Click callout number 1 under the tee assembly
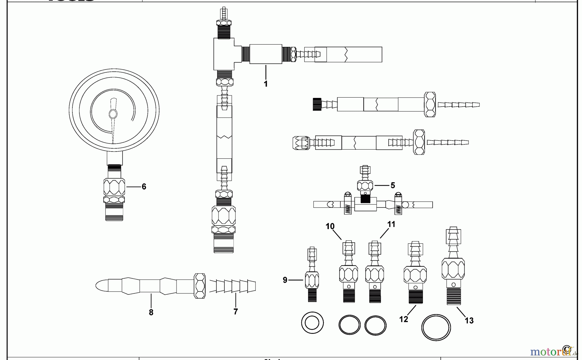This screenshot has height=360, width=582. tap(265, 84)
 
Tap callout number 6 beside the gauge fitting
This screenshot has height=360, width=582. tap(144, 187)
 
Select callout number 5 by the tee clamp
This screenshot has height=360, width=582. tap(393, 185)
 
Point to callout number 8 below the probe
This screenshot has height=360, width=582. tap(151, 312)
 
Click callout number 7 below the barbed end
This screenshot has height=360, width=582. tap(235, 312)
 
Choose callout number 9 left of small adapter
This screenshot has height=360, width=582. tap(285, 280)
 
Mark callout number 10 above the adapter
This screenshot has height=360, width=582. tap(330, 226)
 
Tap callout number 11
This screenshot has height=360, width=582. tap(391, 224)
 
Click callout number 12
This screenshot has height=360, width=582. tap(404, 319)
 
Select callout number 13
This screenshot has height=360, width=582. tap(469, 321)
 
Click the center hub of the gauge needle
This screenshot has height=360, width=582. tap(113, 114)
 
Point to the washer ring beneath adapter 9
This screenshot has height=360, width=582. tap(312, 323)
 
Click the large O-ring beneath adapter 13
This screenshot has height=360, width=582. tap(436, 327)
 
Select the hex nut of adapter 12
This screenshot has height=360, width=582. tap(415, 275)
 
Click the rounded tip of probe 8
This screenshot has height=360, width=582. tap(101, 286)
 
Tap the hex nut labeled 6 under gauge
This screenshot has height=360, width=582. tap(114, 187)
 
